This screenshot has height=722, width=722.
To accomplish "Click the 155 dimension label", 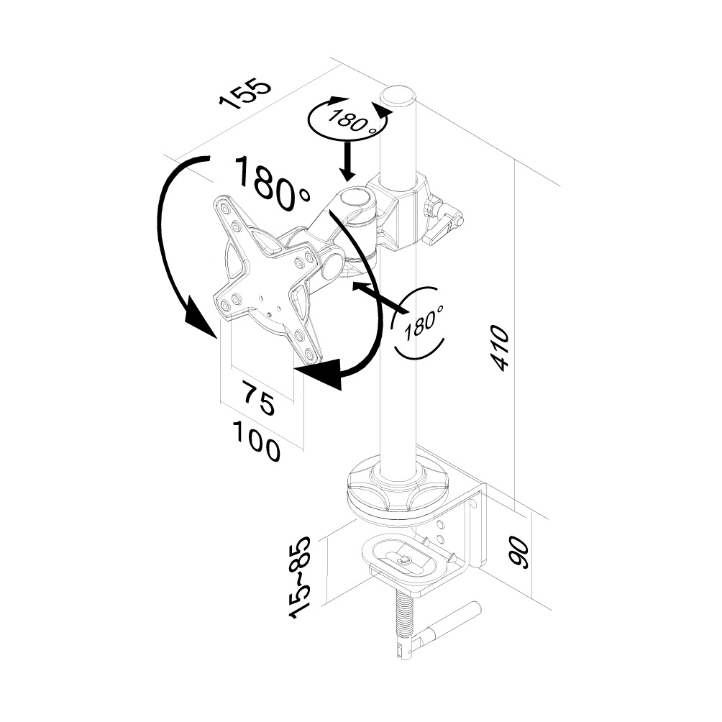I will coord(247,93).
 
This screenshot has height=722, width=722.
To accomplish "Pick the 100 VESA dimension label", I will coord(255,440).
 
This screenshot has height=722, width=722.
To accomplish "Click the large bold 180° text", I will coord(271,183).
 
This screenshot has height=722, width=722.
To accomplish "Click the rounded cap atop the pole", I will coord(398,96).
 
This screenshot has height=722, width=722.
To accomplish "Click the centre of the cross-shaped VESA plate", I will coord(267,283).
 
